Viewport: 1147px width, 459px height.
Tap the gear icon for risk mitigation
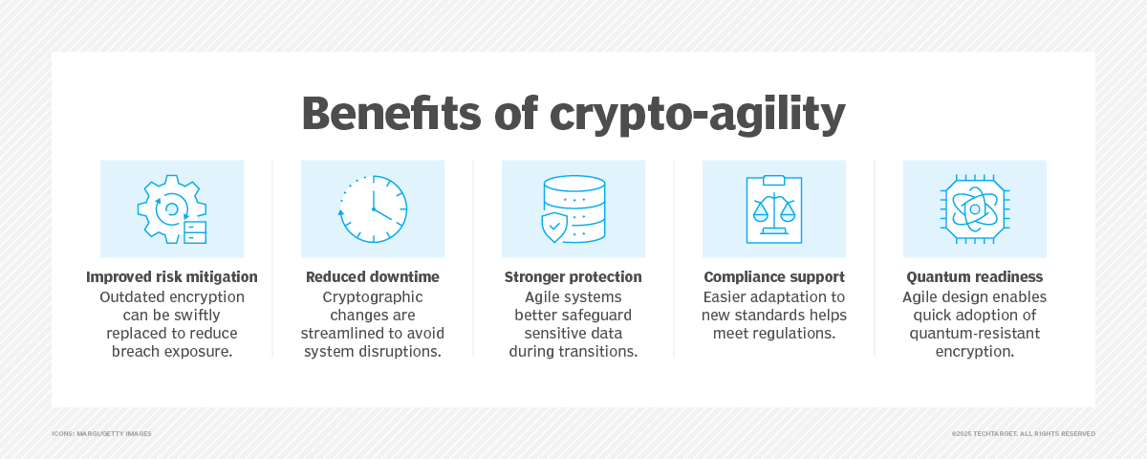[x=172, y=208]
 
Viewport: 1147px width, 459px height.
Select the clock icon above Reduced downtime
[x=373, y=208]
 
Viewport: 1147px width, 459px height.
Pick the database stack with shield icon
[x=573, y=208]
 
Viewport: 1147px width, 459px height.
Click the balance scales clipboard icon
[x=774, y=208]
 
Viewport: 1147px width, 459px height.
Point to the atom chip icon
[x=975, y=208]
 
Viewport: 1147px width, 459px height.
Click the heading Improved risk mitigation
[x=172, y=277]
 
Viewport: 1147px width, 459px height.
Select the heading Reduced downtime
[x=373, y=277]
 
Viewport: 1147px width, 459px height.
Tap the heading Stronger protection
[x=573, y=277]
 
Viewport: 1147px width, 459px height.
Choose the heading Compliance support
[x=774, y=277]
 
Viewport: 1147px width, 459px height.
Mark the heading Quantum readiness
[x=975, y=277]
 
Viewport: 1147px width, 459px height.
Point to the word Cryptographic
[x=373, y=296]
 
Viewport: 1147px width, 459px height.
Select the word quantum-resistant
[x=975, y=333]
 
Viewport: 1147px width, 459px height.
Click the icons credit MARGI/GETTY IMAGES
[x=101, y=434]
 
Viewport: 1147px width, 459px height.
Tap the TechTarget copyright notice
[x=1023, y=434]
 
